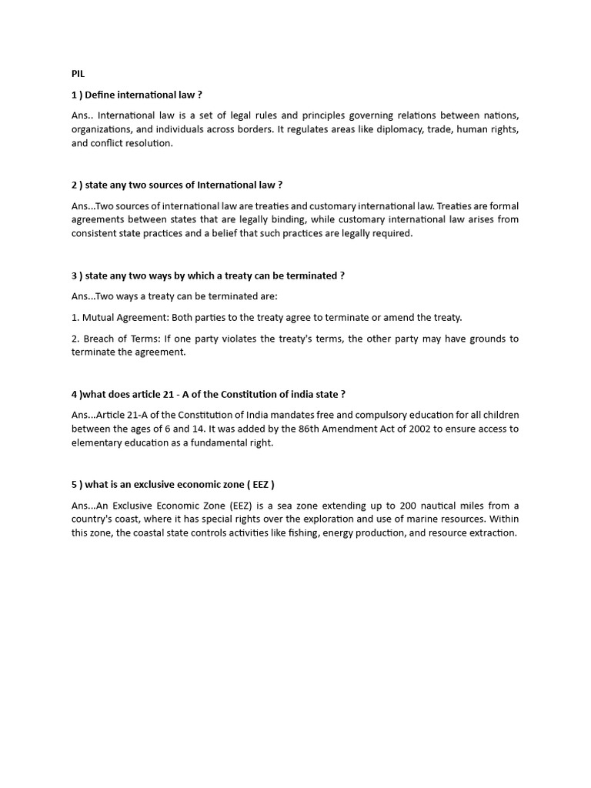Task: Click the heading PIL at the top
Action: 78,75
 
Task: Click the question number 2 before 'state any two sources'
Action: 74,185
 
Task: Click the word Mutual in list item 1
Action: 100,317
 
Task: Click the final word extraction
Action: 493,533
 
